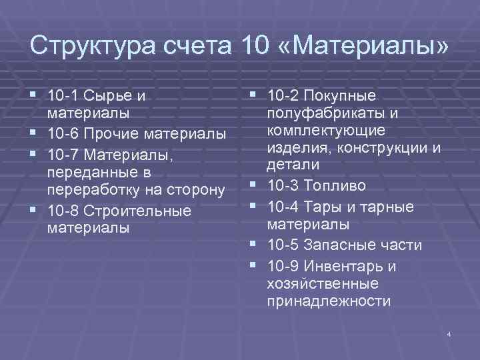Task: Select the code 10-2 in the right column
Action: click(283, 97)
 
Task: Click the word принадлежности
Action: click(328, 301)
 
